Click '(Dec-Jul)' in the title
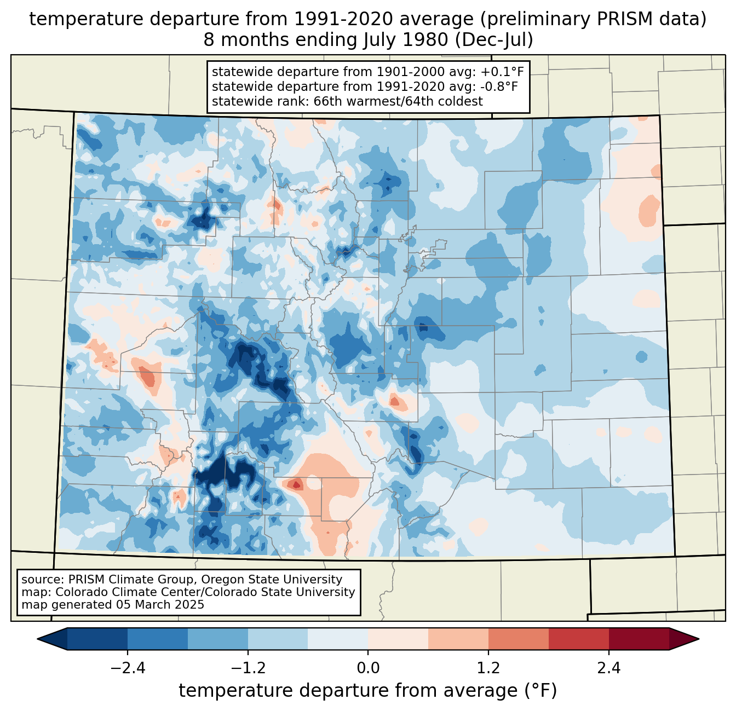[x=493, y=40]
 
